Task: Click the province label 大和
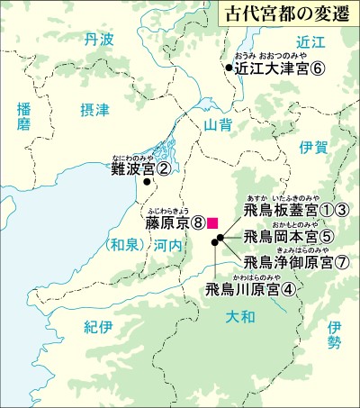pos(239,317)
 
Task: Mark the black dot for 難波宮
pos(147,183)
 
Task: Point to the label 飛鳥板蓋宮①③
pos(296,211)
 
